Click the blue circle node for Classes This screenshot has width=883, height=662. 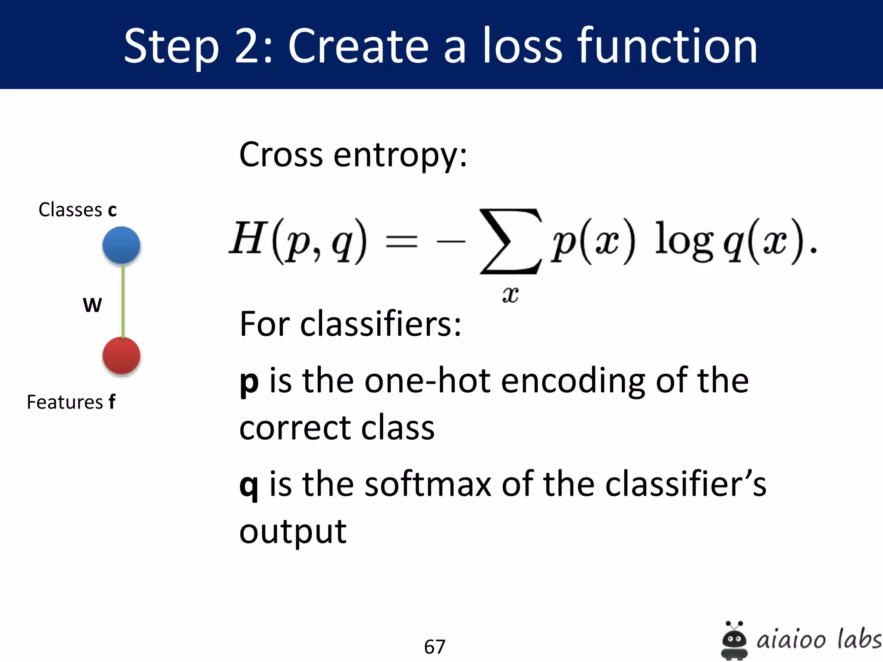[121, 245]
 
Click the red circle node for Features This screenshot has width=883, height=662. [121, 356]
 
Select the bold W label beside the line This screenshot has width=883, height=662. [92, 305]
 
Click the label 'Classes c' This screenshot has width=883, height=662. [78, 210]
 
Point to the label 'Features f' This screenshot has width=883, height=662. [71, 402]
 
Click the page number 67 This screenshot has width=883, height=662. [435, 646]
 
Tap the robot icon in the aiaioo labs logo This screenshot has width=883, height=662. [734, 640]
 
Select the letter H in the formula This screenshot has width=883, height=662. [246, 238]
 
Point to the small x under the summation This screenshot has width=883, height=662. [510, 295]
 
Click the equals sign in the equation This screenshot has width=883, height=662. [401, 241]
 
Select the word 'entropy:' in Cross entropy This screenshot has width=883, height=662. [400, 155]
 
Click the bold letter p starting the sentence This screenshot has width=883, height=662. [249, 382]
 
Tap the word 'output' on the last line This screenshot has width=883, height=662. [293, 532]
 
